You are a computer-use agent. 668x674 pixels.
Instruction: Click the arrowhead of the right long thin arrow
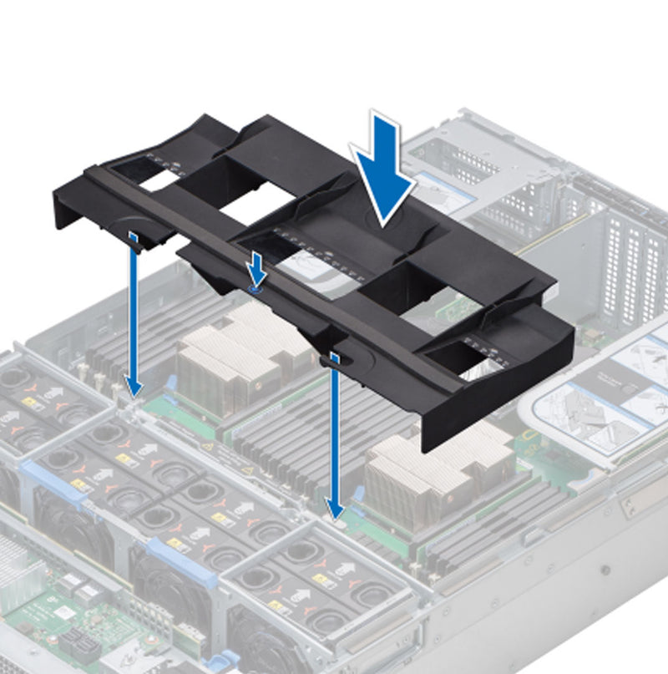335,509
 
